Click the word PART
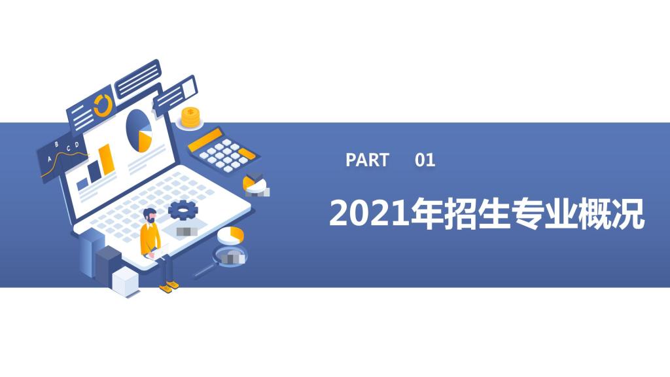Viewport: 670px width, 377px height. coord(367,160)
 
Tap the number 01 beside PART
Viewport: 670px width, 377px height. coord(425,160)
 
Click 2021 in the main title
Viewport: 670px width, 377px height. coord(369,213)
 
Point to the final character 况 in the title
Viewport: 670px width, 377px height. coord(628,213)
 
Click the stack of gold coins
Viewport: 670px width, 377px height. coord(190,117)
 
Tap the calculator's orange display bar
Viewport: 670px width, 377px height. coord(205,140)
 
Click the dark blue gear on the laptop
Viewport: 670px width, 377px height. coord(183,210)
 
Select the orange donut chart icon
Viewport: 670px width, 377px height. coord(103,105)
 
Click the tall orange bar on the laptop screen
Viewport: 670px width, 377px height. coord(107,160)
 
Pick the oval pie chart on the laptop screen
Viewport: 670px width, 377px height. coord(139,131)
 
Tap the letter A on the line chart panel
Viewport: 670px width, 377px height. coord(49,158)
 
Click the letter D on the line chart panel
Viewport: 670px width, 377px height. coord(77,145)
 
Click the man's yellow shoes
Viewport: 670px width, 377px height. coord(169,287)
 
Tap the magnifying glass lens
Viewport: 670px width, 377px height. coord(230,257)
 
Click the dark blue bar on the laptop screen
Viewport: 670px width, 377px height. coord(94,170)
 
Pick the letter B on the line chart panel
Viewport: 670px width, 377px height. coord(57,145)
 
